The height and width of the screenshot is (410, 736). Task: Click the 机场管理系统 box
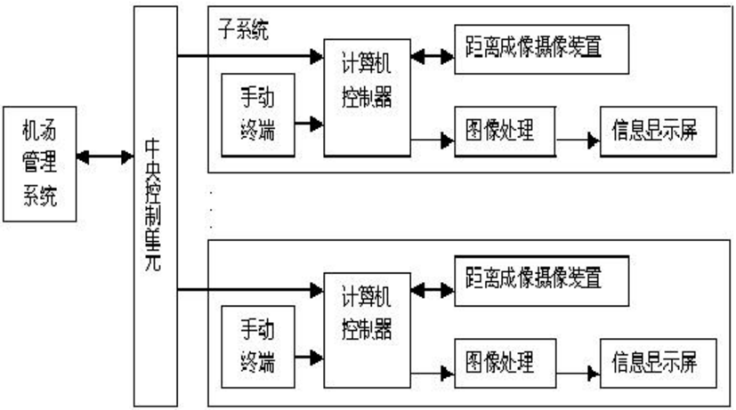point(40,164)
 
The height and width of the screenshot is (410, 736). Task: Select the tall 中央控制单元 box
point(156,206)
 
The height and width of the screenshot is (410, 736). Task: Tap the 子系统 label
point(243,29)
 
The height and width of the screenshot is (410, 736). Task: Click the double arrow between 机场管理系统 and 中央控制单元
point(105,157)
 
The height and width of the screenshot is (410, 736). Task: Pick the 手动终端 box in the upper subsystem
point(258,115)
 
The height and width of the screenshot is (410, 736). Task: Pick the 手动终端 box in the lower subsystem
point(258,347)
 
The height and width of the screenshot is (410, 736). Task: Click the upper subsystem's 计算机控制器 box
point(367,98)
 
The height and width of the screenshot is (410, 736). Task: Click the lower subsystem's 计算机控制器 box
point(367,330)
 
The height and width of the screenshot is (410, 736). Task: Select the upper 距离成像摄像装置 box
point(542,50)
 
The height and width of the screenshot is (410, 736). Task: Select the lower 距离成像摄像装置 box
point(542,281)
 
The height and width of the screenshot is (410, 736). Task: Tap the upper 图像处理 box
point(505,132)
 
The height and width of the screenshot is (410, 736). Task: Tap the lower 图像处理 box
point(505,364)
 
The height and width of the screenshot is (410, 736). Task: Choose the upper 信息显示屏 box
point(659,132)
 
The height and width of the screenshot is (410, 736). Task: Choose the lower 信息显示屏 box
point(659,364)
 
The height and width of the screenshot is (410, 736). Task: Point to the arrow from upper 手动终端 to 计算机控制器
point(310,124)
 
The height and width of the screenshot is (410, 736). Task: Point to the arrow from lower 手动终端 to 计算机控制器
point(310,358)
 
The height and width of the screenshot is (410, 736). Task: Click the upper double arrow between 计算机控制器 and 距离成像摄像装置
point(433,57)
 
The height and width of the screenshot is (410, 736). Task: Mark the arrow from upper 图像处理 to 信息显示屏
point(578,140)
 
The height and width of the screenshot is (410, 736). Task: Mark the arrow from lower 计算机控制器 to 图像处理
point(433,374)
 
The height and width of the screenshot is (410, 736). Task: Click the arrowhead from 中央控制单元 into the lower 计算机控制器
point(317,290)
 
